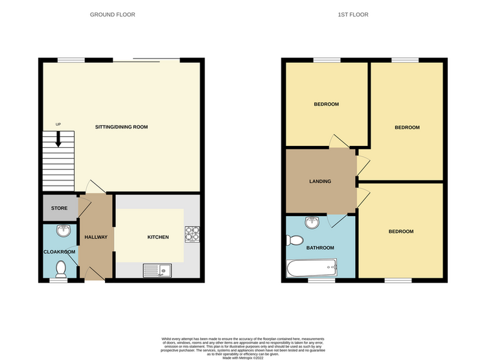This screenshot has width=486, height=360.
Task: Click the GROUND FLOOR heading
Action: click(113, 14)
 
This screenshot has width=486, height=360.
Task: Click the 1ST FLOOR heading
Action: click(353, 14)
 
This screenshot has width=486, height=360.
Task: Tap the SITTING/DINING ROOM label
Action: click(122, 127)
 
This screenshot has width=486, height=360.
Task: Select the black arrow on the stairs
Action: click(58, 139)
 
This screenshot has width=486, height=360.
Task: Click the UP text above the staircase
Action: click(58, 125)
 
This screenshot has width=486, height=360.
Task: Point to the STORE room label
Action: click(59, 208)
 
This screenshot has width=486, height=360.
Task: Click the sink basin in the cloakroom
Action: click(64, 230)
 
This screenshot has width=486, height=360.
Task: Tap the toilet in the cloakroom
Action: click(61, 269)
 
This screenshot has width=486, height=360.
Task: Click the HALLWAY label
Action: click(96, 237)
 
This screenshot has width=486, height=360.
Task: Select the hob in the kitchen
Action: click(192, 234)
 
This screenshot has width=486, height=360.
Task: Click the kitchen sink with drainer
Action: click(157, 270)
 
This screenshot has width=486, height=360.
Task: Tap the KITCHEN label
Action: click(158, 237)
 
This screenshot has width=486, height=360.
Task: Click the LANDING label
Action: click(320, 181)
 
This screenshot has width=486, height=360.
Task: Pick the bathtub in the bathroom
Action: click(312, 268)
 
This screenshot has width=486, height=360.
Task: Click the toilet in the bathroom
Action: click(294, 240)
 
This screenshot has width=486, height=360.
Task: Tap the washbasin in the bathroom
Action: click(312, 222)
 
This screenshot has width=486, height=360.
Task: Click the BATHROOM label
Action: click(320, 248)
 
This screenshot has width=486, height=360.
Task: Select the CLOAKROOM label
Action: click(59, 252)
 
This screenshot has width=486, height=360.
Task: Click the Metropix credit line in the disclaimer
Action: click(243, 358)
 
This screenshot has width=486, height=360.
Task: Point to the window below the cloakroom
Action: click(59, 280)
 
